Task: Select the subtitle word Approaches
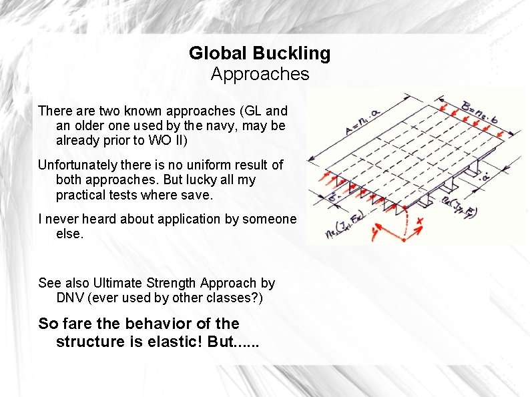pyautogui.click(x=260, y=73)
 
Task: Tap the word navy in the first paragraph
pyautogui.click(x=225, y=125)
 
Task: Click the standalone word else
pyautogui.click(x=69, y=234)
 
